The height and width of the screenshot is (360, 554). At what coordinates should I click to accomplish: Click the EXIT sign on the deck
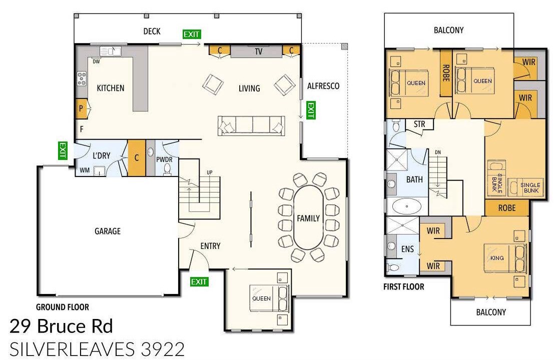(x=192, y=34)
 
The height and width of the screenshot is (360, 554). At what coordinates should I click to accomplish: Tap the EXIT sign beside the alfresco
(x=311, y=110)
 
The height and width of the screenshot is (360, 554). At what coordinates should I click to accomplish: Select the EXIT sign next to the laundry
(x=63, y=150)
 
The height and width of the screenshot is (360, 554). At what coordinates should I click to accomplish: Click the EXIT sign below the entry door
(x=199, y=281)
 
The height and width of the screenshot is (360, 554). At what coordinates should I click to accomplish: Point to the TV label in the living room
(x=259, y=51)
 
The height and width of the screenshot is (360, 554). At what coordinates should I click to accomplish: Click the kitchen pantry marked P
(x=81, y=108)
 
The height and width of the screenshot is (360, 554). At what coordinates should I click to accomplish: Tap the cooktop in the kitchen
(x=82, y=78)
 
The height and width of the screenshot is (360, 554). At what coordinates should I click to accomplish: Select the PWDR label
(x=164, y=159)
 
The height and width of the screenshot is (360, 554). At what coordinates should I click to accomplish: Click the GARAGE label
(x=108, y=231)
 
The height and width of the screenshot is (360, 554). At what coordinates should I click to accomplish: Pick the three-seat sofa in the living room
(x=251, y=125)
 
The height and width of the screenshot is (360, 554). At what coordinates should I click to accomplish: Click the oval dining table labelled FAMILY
(x=308, y=218)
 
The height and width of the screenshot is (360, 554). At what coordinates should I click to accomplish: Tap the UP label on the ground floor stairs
(x=210, y=172)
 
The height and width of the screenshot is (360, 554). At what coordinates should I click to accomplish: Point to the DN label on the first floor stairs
(x=438, y=152)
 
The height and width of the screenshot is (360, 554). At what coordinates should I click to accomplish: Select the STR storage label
(x=419, y=124)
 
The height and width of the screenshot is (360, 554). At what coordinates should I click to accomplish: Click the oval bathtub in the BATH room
(x=407, y=206)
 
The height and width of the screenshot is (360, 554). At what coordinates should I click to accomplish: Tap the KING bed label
(x=497, y=258)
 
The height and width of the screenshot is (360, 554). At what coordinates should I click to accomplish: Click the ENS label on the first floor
(x=407, y=249)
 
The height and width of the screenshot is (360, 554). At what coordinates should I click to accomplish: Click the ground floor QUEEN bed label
(x=261, y=298)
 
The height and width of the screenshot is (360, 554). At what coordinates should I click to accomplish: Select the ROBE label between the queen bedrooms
(x=446, y=73)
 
